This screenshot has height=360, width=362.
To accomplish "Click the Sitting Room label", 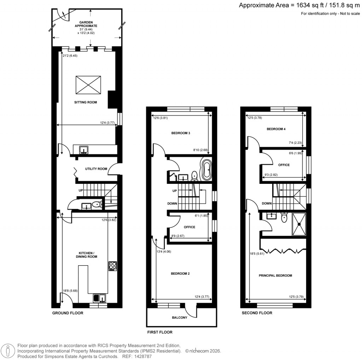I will pos(85,102).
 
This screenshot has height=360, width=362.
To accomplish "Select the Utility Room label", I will pos(96,169).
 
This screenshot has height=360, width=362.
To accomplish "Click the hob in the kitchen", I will pos(113,266).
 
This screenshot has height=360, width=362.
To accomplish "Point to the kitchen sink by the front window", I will pos(100,298).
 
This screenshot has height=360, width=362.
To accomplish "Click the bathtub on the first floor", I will pos(206,170).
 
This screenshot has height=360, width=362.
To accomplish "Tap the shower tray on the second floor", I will pos(299,224).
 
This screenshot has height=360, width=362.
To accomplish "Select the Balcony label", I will pos(180,318).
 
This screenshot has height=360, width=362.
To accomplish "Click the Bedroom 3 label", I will pos(181,133).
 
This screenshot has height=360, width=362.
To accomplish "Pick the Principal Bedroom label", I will pos(275,275).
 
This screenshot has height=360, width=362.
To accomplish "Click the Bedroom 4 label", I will pos(276,129).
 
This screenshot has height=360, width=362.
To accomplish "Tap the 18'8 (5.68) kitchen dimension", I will pos(70,291).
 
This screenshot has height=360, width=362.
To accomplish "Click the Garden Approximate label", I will pos(85,26).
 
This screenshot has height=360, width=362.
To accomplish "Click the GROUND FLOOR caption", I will pos(68,313).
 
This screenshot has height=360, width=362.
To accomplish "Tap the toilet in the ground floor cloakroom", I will pos(96,205).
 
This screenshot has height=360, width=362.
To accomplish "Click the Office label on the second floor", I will pos(284,165).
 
